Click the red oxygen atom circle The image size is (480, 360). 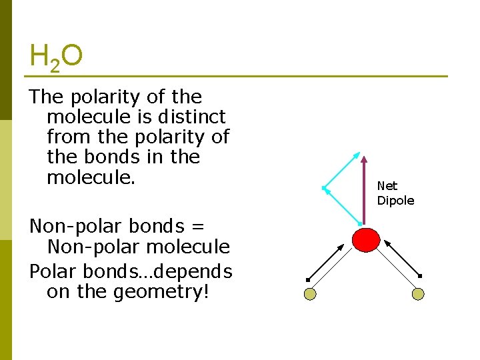click(x=366, y=239)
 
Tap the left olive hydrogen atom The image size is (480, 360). click(x=309, y=293)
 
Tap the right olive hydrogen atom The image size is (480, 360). click(x=418, y=293)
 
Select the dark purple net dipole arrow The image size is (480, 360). click(x=364, y=193)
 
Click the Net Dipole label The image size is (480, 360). click(x=395, y=193)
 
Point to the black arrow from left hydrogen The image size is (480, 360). click(x=326, y=261)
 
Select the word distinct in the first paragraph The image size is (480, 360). click(x=193, y=117)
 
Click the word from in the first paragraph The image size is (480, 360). click(x=69, y=137)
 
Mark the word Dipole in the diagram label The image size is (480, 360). click(x=395, y=201)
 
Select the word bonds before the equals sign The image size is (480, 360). click(x=158, y=226)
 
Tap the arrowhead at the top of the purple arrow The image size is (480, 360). click(x=364, y=160)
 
